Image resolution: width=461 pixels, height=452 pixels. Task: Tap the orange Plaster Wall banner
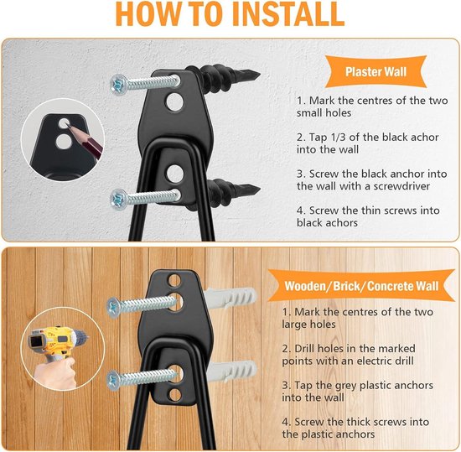tap(376, 72)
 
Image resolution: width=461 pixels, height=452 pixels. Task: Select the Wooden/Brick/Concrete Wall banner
tap(361, 286)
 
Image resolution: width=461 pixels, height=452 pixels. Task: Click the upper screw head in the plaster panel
tap(119, 85)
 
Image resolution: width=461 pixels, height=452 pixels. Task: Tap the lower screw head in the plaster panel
tap(119, 200)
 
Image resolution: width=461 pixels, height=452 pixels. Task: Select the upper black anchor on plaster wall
tap(225, 78)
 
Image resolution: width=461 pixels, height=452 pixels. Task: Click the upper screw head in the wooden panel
tap(114, 308)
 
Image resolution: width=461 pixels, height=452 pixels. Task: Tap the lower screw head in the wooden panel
tap(114, 381)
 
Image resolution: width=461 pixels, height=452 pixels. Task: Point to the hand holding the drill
tap(56, 373)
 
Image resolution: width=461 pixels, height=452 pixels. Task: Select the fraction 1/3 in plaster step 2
tap(338, 137)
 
